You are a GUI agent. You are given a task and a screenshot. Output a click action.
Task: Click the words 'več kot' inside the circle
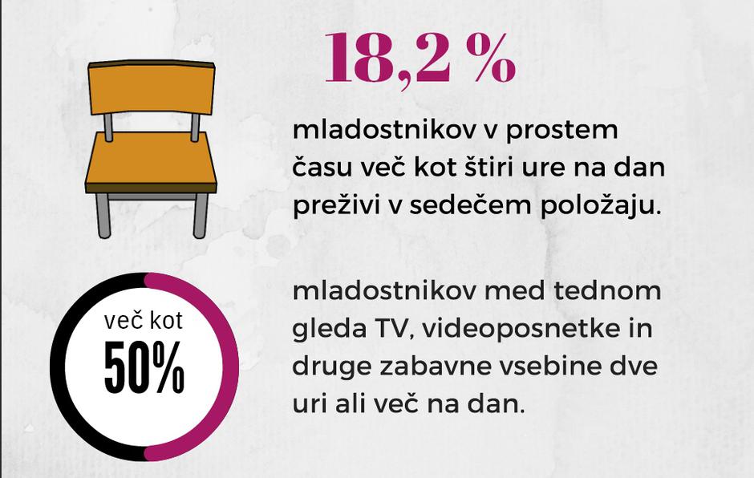click(144, 322)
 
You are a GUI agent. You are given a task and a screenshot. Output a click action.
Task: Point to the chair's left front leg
click(103, 214)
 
